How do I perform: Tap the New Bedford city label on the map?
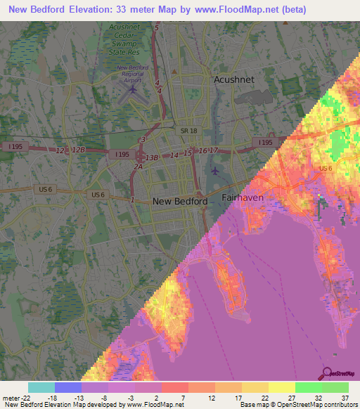coord(180,201)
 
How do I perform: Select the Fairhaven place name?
coord(243,198)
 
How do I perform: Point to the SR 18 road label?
coord(188,131)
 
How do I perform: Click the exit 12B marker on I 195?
coord(79,150)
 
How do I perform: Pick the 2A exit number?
coord(139,167)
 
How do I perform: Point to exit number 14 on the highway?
coord(174,155)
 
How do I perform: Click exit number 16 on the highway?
coord(202,151)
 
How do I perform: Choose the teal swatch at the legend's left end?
coord(41,387)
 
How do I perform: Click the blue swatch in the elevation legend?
coord(68,387)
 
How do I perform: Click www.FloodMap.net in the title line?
coord(233,8)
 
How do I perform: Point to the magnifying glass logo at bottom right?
coord(327,374)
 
